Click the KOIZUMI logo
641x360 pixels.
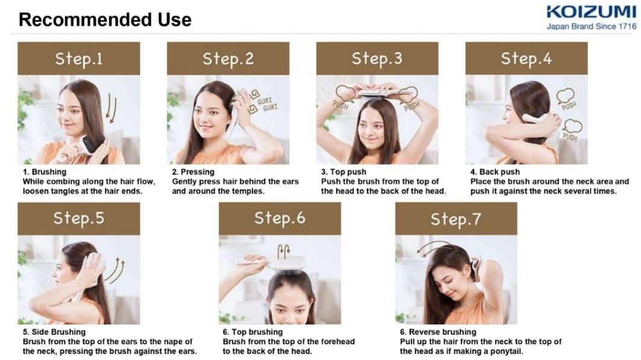pos(591,12)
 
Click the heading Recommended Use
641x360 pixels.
pos(105,20)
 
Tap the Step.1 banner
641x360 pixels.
pos(79,58)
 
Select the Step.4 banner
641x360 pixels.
pos(527,58)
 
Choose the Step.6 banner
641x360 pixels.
pos(280,218)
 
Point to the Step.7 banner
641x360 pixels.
pos(456,219)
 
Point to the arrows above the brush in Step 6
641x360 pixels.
pos(283,251)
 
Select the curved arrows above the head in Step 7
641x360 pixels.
pos(433,247)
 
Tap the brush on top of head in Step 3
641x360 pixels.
pos(378,94)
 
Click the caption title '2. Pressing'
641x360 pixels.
pos(193,172)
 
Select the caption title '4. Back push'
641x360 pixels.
pos(495,172)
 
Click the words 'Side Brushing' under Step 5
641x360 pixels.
pos(58,332)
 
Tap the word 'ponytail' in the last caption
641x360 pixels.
pos(506,352)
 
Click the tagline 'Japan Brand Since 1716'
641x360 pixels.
pos(592,26)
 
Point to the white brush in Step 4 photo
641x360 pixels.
pos(536,119)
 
